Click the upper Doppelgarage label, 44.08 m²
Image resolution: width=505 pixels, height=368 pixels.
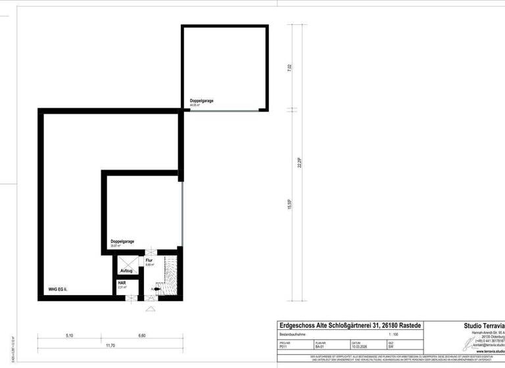(202, 101)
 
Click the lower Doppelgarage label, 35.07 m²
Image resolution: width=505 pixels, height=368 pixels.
(122, 242)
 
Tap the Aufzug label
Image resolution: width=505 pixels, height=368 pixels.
(127, 271)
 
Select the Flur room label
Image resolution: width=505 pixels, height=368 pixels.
(149, 261)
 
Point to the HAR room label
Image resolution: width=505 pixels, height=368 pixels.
(122, 283)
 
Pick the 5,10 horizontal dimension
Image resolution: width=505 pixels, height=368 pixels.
(70, 335)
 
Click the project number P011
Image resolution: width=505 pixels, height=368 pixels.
(283, 346)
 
